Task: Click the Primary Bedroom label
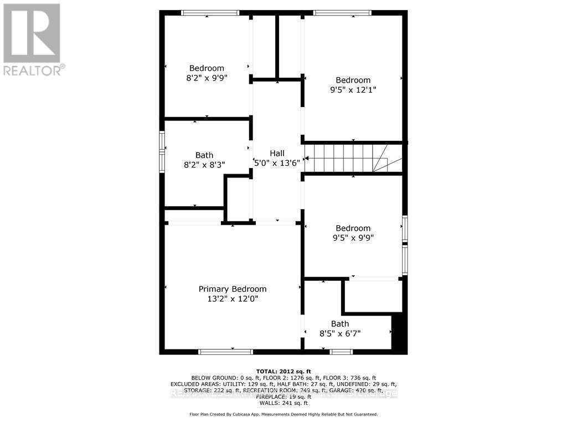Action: coord(233,289)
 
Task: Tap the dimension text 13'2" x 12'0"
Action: coord(233,298)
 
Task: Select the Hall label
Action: coord(277,153)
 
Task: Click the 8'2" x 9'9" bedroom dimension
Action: coord(207,78)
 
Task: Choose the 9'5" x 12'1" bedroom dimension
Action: coord(353,89)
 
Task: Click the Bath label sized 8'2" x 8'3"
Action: coord(204,155)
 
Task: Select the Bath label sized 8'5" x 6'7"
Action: coord(340,324)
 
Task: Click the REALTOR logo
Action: coord(32,39)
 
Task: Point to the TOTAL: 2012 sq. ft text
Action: coord(283,371)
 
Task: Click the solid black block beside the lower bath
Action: coord(399,333)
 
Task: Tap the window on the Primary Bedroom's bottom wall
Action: coord(225,351)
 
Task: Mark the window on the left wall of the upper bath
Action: coord(162,151)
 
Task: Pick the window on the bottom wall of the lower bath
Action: coord(341,351)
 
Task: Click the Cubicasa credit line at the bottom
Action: coord(283,414)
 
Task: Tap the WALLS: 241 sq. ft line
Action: coord(283,403)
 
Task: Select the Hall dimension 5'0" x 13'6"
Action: coord(277,163)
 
